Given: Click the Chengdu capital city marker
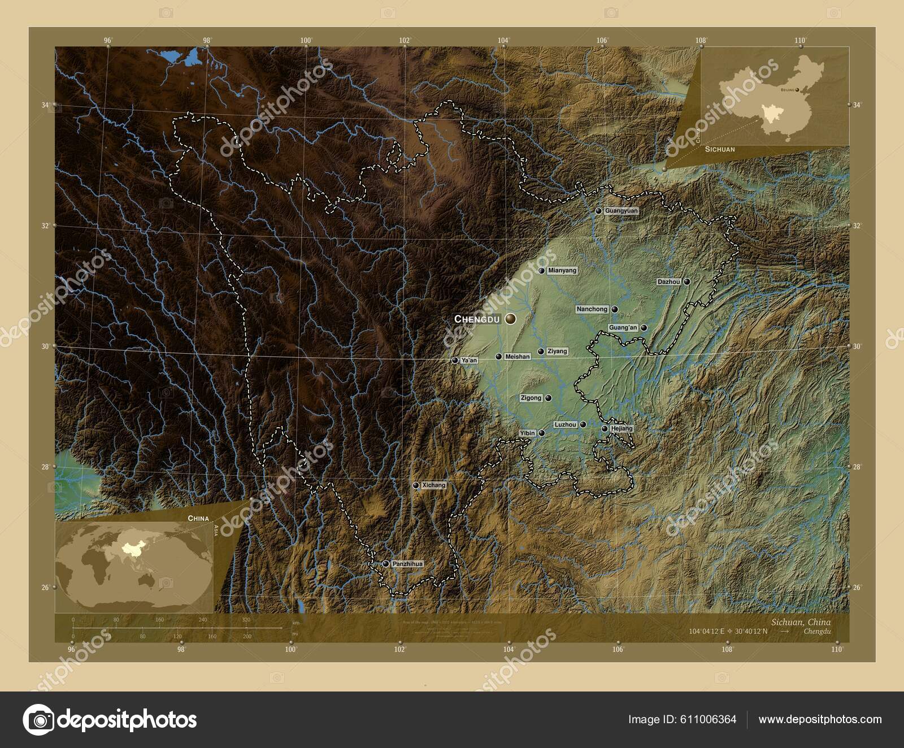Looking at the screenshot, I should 511,319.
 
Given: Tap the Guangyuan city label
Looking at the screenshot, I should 621,211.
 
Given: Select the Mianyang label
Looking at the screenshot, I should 562,271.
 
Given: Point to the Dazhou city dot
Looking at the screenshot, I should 687,281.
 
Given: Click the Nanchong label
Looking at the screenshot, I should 592,309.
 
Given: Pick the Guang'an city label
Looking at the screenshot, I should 623,328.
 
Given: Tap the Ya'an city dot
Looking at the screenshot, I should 455,360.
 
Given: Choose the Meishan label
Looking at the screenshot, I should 517,356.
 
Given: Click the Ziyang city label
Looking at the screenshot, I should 557,351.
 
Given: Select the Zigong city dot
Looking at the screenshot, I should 548,398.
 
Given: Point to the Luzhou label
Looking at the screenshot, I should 566,424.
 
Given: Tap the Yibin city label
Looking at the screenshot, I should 527,433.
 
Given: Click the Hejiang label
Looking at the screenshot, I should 621,429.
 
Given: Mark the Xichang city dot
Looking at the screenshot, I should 416,485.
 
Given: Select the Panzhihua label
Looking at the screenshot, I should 407,564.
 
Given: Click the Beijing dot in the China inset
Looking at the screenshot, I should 797,90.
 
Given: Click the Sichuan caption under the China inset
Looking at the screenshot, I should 719,150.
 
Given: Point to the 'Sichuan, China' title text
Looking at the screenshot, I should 801,622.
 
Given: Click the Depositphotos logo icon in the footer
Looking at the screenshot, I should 38,720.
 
